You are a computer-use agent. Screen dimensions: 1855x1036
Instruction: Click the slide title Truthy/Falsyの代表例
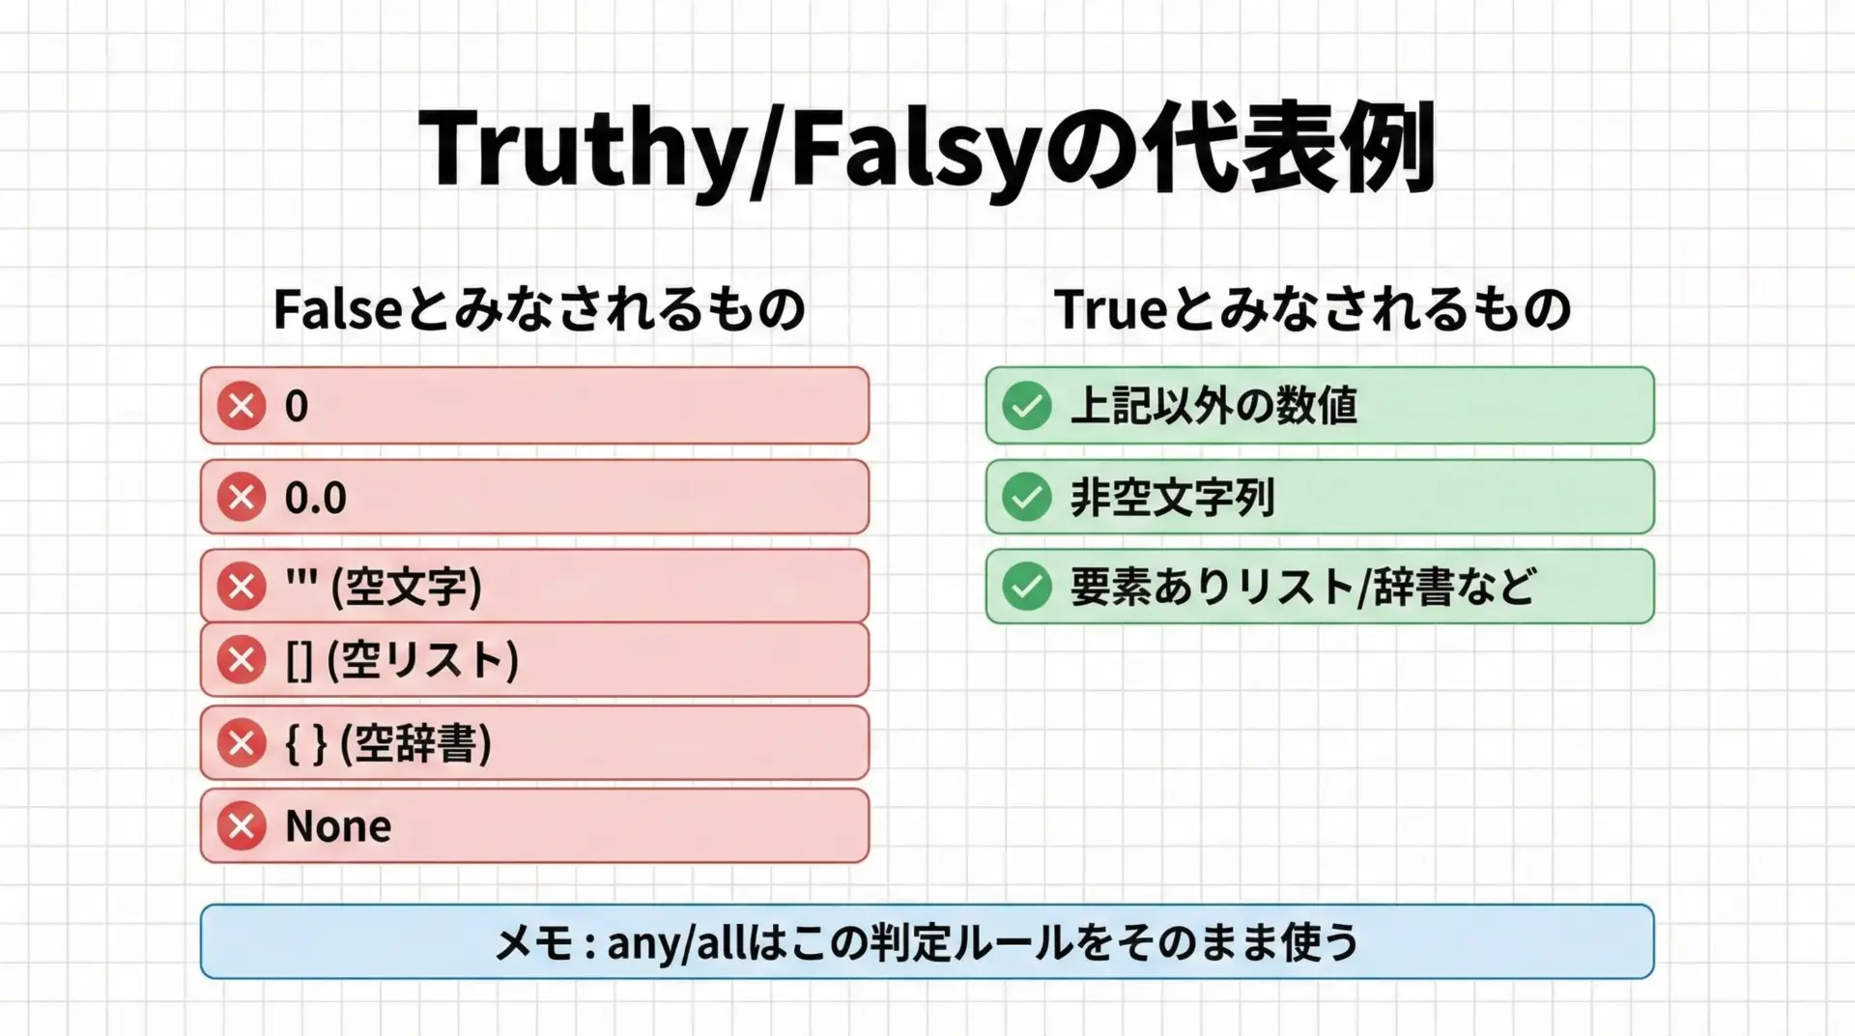pyautogui.click(x=927, y=150)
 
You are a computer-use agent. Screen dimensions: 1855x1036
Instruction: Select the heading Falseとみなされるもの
pyautogui.click(x=539, y=309)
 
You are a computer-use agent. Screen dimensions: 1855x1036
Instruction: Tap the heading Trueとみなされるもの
pyautogui.click(x=1313, y=309)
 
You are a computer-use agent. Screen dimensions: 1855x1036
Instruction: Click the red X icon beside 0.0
pyautogui.click(x=242, y=497)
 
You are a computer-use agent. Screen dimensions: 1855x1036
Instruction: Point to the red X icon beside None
pyautogui.click(x=242, y=825)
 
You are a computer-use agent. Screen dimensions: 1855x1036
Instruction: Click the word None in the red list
pyautogui.click(x=338, y=826)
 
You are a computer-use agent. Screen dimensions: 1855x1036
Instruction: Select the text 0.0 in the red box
pyautogui.click(x=315, y=498)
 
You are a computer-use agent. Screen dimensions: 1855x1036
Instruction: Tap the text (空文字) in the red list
pyautogui.click(x=406, y=587)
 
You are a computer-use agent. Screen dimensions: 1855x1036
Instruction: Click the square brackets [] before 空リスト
pyautogui.click(x=299, y=661)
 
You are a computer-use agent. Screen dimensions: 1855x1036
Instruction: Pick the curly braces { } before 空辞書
pyautogui.click(x=306, y=744)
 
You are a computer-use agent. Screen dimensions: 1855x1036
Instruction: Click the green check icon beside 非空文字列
pyautogui.click(x=1026, y=497)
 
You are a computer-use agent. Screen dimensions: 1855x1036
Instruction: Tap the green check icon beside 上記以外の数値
pyautogui.click(x=1026, y=405)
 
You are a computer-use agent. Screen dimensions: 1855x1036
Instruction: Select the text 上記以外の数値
pyautogui.click(x=1213, y=405)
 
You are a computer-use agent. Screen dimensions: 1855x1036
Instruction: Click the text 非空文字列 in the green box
pyautogui.click(x=1173, y=498)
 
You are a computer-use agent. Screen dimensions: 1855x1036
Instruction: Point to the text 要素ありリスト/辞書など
pyautogui.click(x=1303, y=587)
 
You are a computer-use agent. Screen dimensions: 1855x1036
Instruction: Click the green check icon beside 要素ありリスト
pyautogui.click(x=1026, y=587)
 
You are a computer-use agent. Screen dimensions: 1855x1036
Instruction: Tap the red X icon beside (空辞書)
pyautogui.click(x=242, y=743)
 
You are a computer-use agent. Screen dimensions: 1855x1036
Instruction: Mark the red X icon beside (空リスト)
pyautogui.click(x=242, y=660)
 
